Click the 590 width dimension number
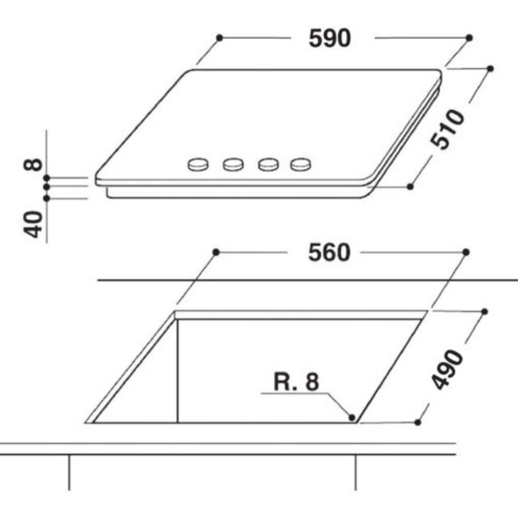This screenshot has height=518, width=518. [x=329, y=38]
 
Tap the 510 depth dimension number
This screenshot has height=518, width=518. [x=448, y=129]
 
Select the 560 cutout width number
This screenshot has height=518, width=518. [x=328, y=253]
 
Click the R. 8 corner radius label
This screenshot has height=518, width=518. [x=296, y=382]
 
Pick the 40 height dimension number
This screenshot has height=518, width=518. [x=33, y=224]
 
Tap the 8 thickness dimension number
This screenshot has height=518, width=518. [x=33, y=165]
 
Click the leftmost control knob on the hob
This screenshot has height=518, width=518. [x=198, y=164]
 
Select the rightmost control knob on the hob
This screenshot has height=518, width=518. [x=300, y=164]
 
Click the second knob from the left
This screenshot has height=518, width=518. [x=233, y=164]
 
